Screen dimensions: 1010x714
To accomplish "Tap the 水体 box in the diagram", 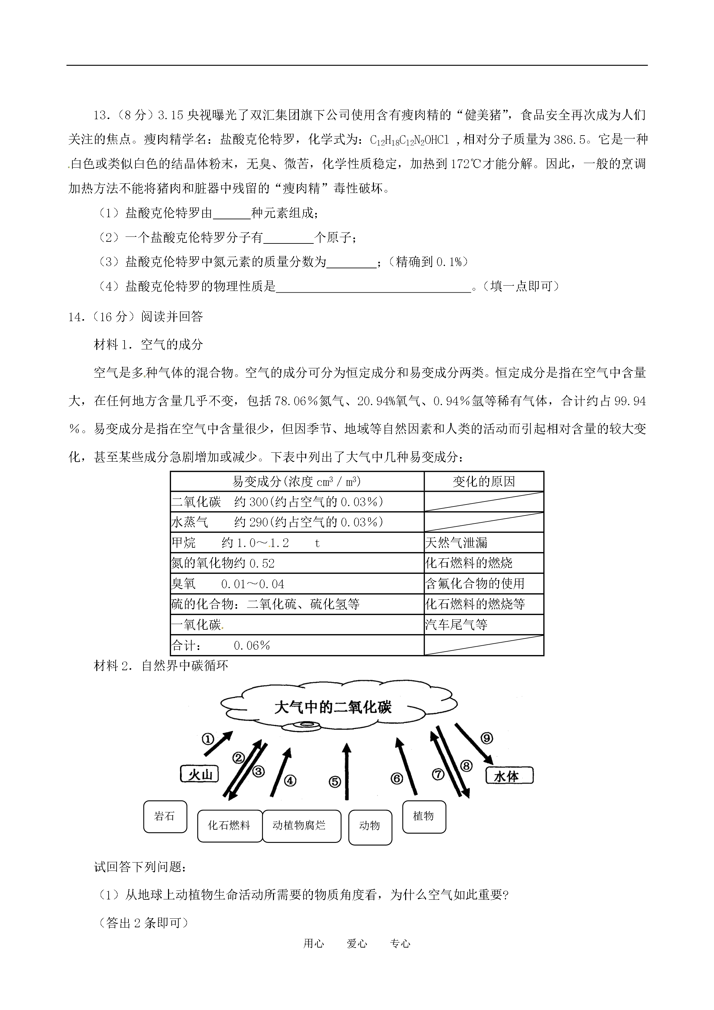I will tap(509, 776).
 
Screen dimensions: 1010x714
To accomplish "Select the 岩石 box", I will tap(165, 816).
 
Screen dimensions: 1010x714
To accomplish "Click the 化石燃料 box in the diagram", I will tap(229, 826).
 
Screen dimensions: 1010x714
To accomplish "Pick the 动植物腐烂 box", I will tap(301, 826).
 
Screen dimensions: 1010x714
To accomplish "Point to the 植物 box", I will tap(424, 816).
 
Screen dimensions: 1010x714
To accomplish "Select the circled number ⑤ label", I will tap(335, 782).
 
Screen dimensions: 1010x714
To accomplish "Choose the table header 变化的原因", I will tap(484, 482).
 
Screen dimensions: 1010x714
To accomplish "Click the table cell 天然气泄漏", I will tap(457, 543).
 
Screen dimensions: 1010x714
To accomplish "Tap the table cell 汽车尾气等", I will tap(457, 625).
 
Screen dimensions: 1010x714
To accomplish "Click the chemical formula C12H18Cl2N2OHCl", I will tap(409, 140).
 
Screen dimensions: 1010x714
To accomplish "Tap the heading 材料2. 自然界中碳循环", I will tap(161, 666).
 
